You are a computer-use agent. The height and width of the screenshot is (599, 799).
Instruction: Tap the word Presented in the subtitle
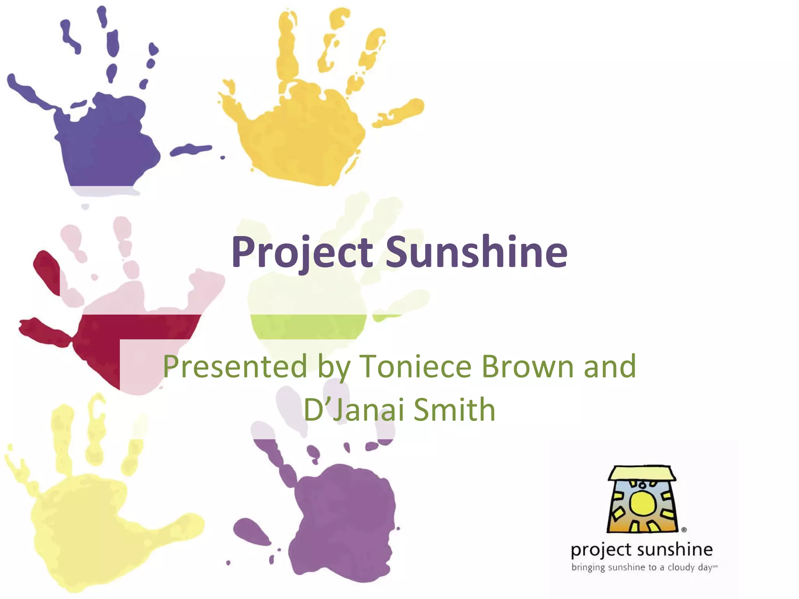click(x=235, y=367)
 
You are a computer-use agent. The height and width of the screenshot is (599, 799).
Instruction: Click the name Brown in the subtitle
click(x=527, y=367)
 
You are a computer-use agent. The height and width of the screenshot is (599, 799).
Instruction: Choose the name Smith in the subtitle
click(x=455, y=409)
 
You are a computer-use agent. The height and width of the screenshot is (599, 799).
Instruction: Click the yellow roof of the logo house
click(x=642, y=473)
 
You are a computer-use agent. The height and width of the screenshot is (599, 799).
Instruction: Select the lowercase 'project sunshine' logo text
click(x=642, y=550)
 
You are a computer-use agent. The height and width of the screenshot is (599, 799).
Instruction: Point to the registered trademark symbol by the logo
click(x=684, y=530)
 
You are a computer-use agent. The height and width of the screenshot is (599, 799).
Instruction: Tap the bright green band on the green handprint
click(x=308, y=326)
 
